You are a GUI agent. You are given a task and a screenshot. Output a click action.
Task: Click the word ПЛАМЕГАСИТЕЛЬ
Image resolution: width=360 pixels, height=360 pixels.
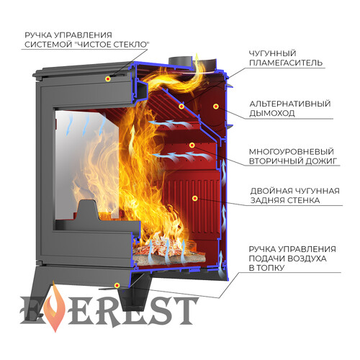point(286,63)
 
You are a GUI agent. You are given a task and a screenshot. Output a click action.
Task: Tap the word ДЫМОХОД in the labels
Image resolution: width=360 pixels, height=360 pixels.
point(272,113)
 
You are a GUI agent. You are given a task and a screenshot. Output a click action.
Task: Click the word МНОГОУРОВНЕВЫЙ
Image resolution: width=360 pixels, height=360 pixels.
point(292,152)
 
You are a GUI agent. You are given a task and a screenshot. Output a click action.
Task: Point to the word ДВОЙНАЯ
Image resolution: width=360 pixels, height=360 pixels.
point(271,191)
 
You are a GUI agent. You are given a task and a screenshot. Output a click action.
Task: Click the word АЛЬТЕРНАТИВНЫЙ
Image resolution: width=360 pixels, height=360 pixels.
point(290,104)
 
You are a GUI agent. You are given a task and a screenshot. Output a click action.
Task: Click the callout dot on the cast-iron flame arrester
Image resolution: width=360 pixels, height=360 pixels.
point(181,107)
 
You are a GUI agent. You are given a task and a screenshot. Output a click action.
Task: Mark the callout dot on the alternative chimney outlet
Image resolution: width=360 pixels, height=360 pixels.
point(216,107)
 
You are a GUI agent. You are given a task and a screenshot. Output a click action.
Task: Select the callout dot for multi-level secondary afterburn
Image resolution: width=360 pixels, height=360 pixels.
point(192,145)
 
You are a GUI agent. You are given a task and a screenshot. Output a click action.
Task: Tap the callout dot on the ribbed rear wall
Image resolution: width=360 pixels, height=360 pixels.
point(195,198)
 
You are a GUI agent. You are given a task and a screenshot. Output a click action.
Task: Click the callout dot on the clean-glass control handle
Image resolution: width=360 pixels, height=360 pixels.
point(108,78)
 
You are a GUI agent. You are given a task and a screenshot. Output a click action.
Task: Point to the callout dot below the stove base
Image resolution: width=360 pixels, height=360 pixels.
point(117,285)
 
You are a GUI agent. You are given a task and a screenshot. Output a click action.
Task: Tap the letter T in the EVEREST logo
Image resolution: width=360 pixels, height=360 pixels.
point(185,311)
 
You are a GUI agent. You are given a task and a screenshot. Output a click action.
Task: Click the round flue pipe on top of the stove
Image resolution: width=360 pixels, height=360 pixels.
point(181,60)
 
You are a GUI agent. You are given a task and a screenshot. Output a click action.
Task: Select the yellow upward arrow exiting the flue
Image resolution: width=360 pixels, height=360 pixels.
point(197,63)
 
